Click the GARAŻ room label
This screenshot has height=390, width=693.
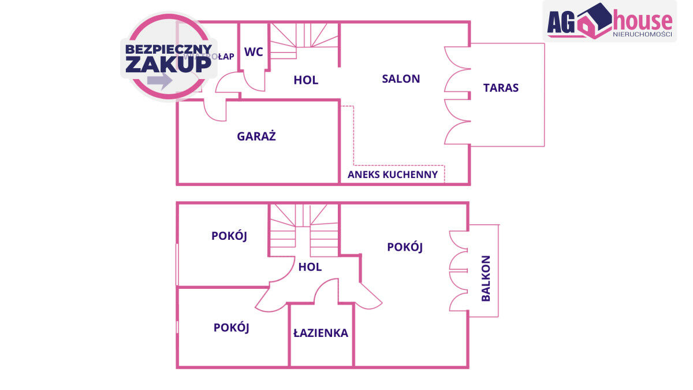pyautogui.click(x=256, y=137)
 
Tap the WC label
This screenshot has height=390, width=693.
pyautogui.click(x=254, y=52)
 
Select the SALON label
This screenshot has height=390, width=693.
pyautogui.click(x=401, y=79)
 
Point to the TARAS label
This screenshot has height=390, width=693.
pyautogui.click(x=501, y=88)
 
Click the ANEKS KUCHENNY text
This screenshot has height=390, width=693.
pyautogui.click(x=393, y=174)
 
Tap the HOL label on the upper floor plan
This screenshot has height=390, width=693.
pyautogui.click(x=306, y=80)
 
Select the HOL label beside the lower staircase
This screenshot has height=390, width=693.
pyautogui.click(x=310, y=267)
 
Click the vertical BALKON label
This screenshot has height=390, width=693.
pyautogui.click(x=486, y=278)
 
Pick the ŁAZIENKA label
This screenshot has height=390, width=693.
pyautogui.click(x=321, y=333)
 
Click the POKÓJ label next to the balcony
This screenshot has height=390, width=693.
pyautogui.click(x=405, y=247)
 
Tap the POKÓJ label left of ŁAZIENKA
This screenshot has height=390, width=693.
pyautogui.click(x=231, y=328)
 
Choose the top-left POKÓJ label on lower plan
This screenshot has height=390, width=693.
pyautogui.click(x=229, y=236)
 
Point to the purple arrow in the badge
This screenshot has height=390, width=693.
pyautogui.click(x=159, y=80)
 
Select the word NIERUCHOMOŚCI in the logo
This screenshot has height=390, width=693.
pyautogui.click(x=642, y=34)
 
